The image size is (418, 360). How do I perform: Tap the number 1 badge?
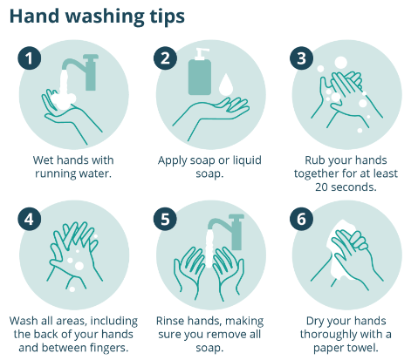tap(31, 59)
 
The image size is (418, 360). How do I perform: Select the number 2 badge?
tap(167, 59)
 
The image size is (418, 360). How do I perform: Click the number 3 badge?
tap(302, 59)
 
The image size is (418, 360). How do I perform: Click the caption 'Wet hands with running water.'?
tap(72, 166)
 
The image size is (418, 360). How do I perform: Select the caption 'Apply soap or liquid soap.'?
tap(209, 166)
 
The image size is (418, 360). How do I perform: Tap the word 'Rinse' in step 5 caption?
tap(174, 321)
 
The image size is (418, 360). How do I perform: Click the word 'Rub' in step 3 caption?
tap(315, 160)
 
